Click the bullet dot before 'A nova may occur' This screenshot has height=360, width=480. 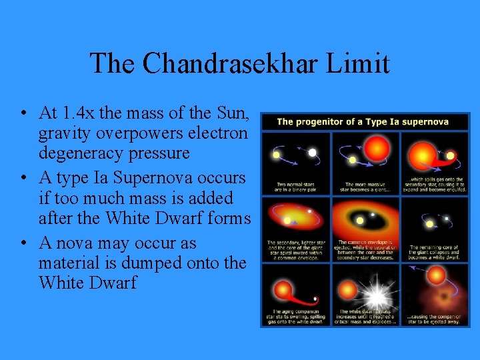coord(24,243)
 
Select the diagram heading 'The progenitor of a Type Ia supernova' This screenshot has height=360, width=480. coord(362,121)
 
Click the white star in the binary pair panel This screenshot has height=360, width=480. coord(312,153)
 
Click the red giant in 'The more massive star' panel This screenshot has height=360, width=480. coord(376,147)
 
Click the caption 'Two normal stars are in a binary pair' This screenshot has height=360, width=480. coord(296,186)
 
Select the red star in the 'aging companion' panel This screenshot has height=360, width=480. coord(283,289)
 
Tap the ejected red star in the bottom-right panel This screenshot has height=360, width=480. coord(436,274)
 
